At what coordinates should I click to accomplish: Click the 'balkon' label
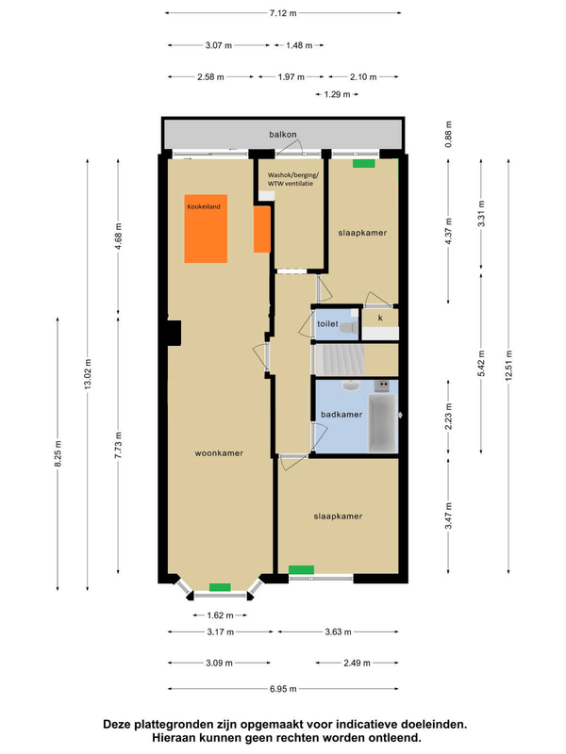[x=282, y=134]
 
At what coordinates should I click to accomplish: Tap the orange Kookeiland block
[x=206, y=228]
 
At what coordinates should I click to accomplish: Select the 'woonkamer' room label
[x=219, y=453]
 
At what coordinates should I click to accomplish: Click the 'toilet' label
[x=327, y=323]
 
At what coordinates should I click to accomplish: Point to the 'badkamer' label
[x=341, y=414]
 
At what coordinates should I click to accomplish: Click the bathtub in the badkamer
[x=383, y=422]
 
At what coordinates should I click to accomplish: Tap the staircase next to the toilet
[x=340, y=359]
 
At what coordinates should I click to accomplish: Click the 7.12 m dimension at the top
[x=283, y=13]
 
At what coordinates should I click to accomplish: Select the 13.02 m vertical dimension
[x=88, y=374]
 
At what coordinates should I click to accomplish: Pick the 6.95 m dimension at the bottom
[x=283, y=689]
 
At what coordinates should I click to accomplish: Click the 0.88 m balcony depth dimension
[x=449, y=134]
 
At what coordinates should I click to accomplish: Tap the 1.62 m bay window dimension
[x=220, y=615]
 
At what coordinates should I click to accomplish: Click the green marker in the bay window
[x=220, y=587]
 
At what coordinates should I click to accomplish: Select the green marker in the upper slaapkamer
[x=363, y=163]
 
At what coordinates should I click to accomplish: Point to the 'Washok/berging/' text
[x=293, y=175]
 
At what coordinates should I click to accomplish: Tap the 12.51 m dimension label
[x=508, y=365]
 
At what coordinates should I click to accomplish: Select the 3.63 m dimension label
[x=338, y=631]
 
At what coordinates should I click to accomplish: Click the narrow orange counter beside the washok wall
[x=262, y=229]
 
